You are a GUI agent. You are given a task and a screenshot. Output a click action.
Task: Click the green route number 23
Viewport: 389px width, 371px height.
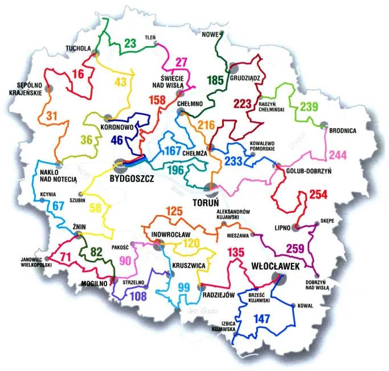pyautogui.click(x=130, y=43)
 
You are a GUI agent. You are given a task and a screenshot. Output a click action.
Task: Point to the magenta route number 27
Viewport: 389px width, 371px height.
pyautogui.click(x=181, y=63)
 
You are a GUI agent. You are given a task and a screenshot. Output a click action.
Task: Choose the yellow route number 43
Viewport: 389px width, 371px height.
pyautogui.click(x=120, y=83)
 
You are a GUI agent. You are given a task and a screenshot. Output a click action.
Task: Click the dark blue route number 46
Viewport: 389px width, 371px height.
pyautogui.click(x=117, y=139)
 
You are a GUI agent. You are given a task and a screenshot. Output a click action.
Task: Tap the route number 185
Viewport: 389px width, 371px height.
pyautogui.click(x=216, y=80)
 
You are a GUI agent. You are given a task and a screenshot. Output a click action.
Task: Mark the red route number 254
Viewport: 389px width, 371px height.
pyautogui.click(x=320, y=196)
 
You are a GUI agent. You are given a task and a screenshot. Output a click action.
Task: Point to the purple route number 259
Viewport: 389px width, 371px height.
pyautogui.click(x=296, y=249)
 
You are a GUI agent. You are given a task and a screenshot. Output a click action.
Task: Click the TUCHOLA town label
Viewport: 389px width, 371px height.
pyautogui.click(x=79, y=48)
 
